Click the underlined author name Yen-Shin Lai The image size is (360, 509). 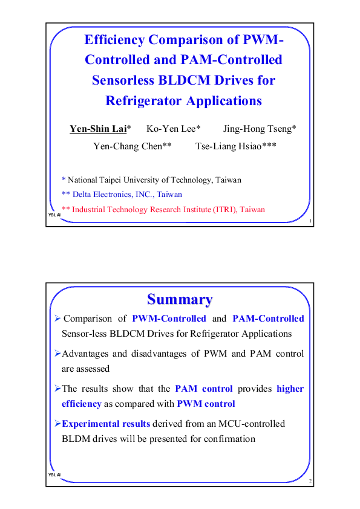click(97, 129)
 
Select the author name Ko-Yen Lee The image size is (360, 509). click(171, 129)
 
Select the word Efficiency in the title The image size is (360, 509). click(114, 41)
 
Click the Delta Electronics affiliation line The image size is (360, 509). click(122, 195)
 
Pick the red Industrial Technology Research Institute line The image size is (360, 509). click(163, 210)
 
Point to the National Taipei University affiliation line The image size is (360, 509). click(151, 180)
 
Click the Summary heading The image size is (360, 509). click(180, 299)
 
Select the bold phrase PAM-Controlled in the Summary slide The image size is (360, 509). click(268, 319)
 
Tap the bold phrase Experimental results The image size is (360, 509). click(106, 424)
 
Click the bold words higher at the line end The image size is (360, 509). click(290, 389)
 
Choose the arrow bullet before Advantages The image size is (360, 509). click(57, 353)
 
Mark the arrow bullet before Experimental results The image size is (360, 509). click(57, 424)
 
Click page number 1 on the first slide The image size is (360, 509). click(310, 222)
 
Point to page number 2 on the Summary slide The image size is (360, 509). click(310, 481)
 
